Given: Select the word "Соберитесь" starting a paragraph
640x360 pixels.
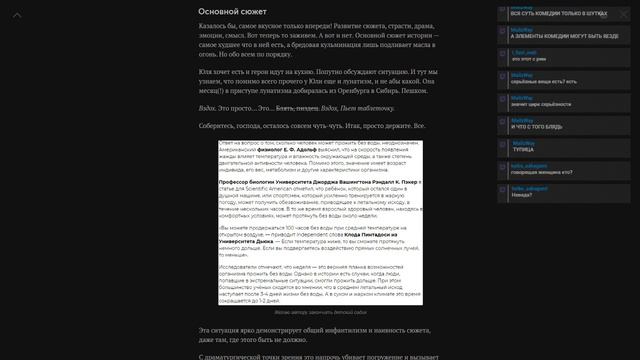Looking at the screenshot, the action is [221, 126].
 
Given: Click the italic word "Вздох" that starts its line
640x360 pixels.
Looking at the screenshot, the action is [208, 107].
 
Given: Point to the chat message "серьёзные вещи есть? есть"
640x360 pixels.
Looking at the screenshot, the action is [537, 81].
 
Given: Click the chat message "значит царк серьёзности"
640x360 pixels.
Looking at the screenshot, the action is [534, 103].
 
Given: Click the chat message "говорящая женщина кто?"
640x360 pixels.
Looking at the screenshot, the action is [535, 172].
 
